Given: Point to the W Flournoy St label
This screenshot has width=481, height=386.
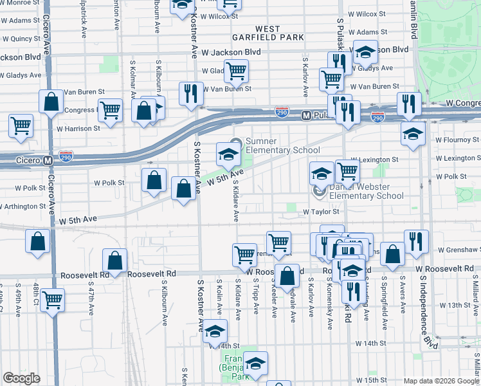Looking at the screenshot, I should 458,138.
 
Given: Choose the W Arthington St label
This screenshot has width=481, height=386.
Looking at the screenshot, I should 24,207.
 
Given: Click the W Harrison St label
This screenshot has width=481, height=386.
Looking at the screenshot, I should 78,129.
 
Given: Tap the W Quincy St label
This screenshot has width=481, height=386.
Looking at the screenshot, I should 21,39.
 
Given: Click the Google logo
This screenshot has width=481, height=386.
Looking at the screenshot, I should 21,378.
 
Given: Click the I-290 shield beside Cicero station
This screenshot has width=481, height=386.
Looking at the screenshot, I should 68,156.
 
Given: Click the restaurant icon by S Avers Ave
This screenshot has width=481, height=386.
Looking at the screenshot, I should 416,241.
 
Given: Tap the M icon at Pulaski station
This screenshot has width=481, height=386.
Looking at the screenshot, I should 306,116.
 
